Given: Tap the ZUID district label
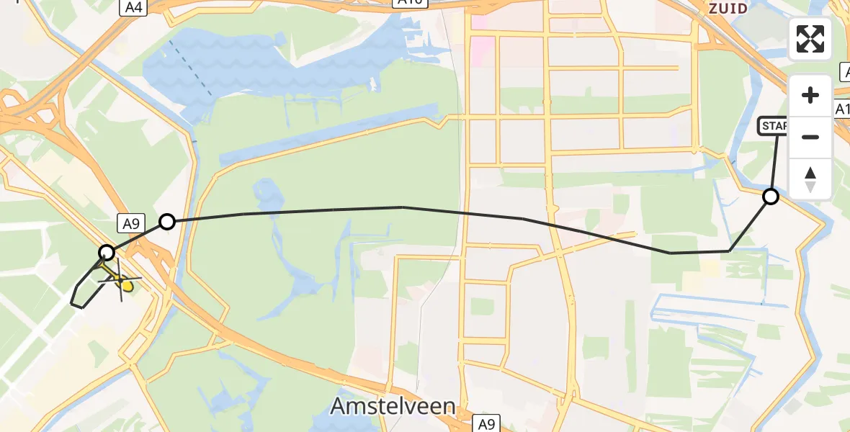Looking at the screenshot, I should [x=727, y=9].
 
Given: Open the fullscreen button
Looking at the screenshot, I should [x=810, y=39].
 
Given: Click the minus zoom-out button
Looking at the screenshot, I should [x=810, y=137].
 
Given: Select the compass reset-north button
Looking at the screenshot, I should [x=810, y=179].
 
